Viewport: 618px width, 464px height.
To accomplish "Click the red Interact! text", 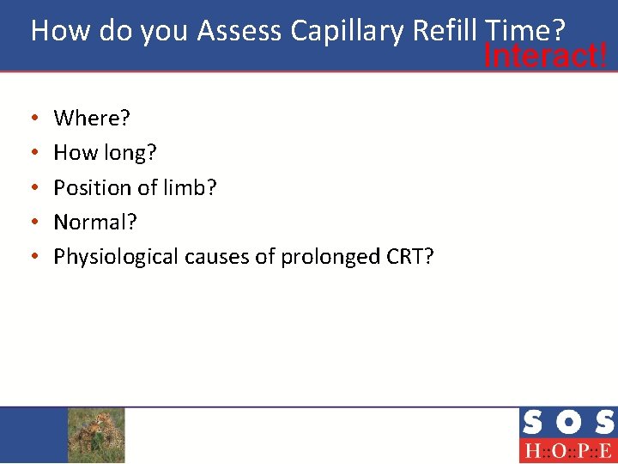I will (546, 57).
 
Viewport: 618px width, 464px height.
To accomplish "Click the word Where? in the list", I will (91, 118).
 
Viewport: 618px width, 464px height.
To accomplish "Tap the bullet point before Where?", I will (33, 119).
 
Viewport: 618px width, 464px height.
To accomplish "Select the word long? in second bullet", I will (130, 153).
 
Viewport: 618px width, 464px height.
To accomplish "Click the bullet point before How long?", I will (33, 153).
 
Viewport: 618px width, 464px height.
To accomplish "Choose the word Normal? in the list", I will (95, 222).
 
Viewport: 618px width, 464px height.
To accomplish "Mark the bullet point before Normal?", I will (33, 222).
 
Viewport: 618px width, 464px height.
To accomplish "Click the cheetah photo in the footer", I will (96, 435).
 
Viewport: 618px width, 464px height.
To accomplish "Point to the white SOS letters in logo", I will (567, 423).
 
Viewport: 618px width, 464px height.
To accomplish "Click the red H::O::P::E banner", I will (567, 451).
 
